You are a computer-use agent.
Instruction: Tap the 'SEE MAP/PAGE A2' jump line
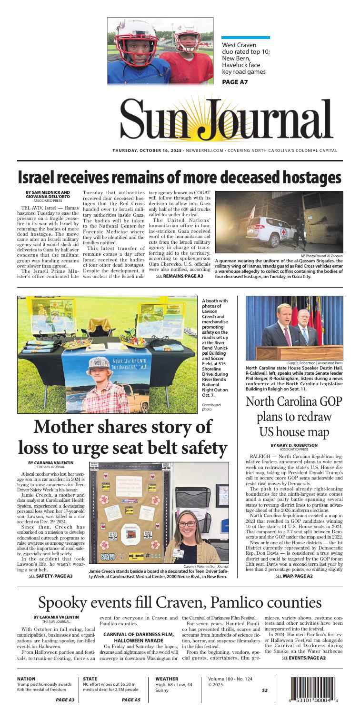(x=294, y=576)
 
